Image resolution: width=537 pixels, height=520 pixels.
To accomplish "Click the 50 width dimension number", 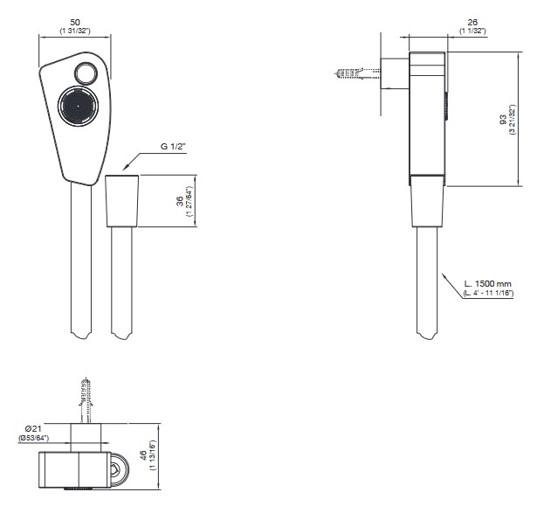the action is click(x=75, y=23).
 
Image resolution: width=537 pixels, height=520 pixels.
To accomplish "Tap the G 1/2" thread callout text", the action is click(x=173, y=147).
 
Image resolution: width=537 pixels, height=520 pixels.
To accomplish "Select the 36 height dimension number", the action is click(x=180, y=201).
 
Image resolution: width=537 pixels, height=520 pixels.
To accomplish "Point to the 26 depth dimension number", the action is click(x=472, y=23).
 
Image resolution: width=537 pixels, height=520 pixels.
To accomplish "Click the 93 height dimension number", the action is click(x=503, y=119).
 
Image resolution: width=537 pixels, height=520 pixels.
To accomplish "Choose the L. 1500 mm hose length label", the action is click(x=488, y=284).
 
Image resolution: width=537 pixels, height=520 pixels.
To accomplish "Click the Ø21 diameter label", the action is click(x=33, y=428).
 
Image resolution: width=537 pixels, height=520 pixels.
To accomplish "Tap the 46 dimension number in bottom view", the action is click(x=143, y=455).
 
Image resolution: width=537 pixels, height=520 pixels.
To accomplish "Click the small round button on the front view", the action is click(x=86, y=73).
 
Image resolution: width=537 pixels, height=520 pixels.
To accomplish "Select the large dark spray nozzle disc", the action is click(x=78, y=106).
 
